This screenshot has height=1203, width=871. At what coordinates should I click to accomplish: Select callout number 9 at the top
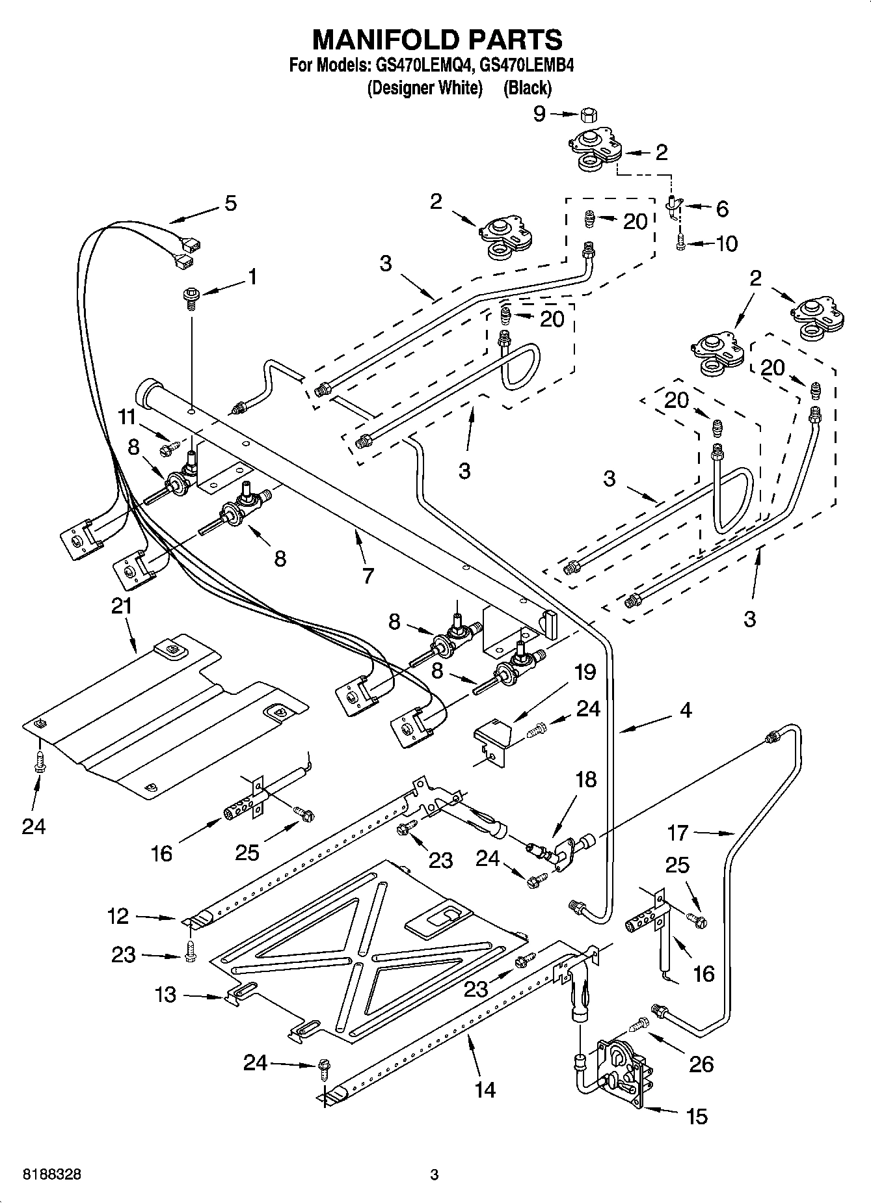pyautogui.click(x=540, y=115)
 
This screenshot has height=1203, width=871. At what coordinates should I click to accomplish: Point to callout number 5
pyautogui.click(x=230, y=203)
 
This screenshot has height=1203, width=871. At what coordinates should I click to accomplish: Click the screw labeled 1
pyautogui.click(x=191, y=298)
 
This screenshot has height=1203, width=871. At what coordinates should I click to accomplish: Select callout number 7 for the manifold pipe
pyautogui.click(x=368, y=575)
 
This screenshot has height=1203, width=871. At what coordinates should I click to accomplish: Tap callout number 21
pyautogui.click(x=122, y=606)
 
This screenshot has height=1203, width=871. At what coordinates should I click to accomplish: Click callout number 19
pyautogui.click(x=586, y=671)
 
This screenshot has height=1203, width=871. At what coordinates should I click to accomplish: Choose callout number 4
pyautogui.click(x=686, y=710)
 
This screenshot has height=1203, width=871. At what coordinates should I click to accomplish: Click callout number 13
pyautogui.click(x=165, y=995)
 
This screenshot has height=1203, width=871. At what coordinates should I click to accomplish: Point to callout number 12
pyautogui.click(x=118, y=916)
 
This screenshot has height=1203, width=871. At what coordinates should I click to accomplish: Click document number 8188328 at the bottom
pyautogui.click(x=52, y=1174)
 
